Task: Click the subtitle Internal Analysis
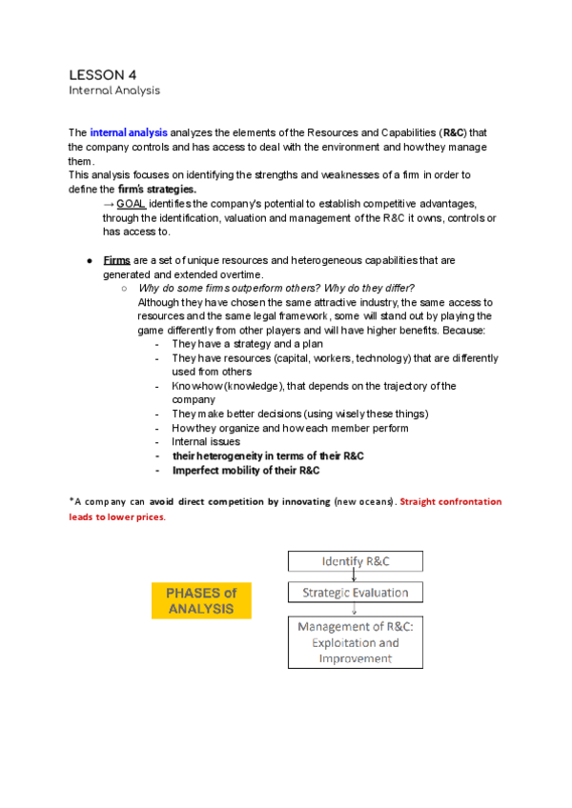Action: tap(113, 91)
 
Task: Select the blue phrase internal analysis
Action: tap(128, 132)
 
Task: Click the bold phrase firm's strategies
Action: tap(155, 190)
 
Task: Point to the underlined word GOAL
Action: tap(131, 205)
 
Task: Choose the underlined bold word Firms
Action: tap(116, 260)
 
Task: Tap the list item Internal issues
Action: tap(206, 442)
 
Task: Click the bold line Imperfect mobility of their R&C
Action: tap(245, 470)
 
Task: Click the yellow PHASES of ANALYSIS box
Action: tap(202, 600)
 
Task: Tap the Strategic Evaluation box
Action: tap(354, 593)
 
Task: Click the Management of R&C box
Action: tap(354, 642)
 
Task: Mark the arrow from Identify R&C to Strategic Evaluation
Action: tap(354, 576)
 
